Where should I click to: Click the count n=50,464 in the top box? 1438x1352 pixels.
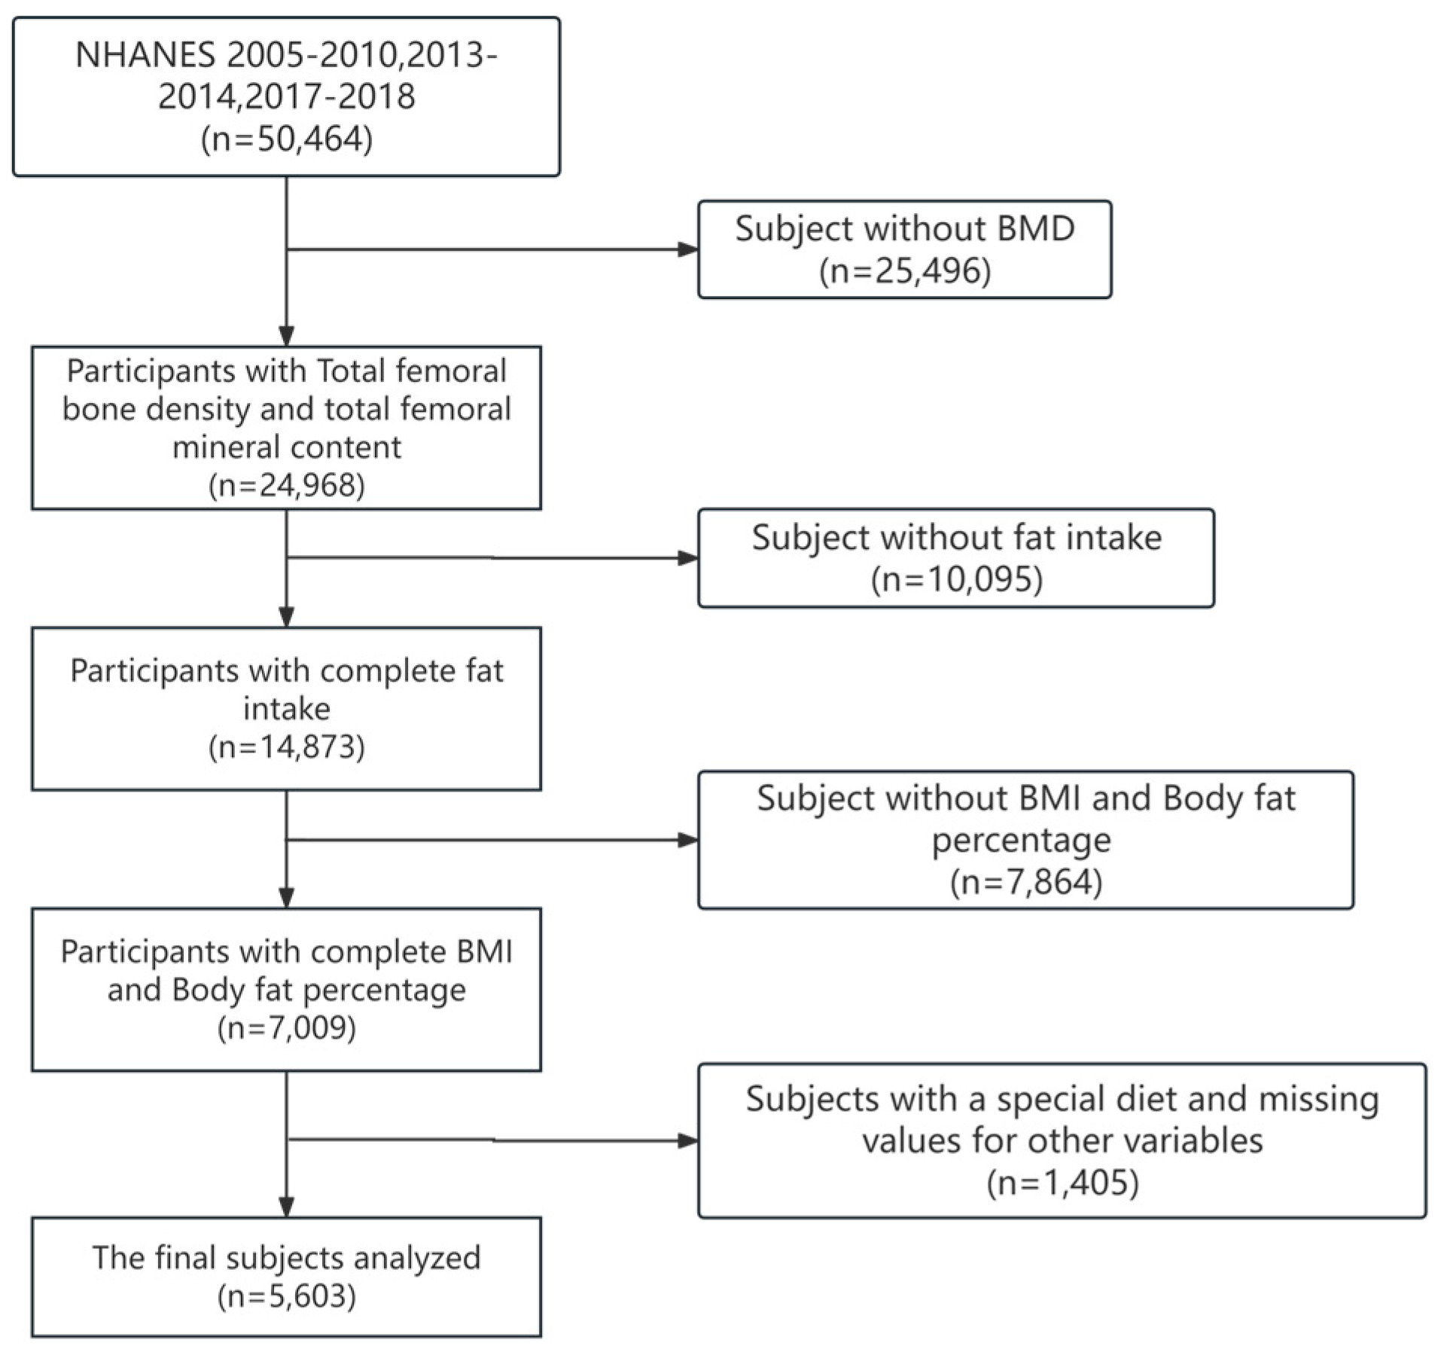[x=286, y=139]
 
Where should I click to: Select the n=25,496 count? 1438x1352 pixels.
[x=904, y=270]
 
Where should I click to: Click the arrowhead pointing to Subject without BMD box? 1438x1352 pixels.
[x=688, y=249]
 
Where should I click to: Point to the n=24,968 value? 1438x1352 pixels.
[x=286, y=485]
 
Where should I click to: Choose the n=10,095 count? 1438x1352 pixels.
[x=956, y=579]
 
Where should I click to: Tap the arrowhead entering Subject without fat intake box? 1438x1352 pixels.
[x=688, y=558]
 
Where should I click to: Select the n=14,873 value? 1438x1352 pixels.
[x=286, y=746]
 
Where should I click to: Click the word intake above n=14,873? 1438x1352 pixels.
[x=286, y=709]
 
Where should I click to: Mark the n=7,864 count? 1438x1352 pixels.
[x=1025, y=881]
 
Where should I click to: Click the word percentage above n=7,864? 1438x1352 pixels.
[x=1021, y=840]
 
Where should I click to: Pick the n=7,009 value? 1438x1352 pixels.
[x=286, y=1027]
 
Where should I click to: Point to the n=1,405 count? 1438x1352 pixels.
[x=1062, y=1183]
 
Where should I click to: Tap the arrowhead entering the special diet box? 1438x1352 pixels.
[x=688, y=1141]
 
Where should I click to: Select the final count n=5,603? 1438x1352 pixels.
[x=286, y=1296]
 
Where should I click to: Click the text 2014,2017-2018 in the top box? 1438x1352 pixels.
[x=286, y=96]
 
